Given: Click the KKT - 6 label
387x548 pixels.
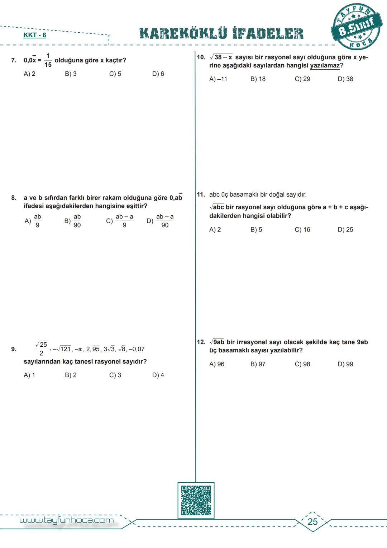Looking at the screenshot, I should [x=35, y=35].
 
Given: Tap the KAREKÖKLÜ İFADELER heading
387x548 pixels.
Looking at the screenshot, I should [x=221, y=33].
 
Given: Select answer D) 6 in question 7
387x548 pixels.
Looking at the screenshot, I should [x=158, y=74].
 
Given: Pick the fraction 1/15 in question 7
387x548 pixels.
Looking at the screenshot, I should [x=48, y=60].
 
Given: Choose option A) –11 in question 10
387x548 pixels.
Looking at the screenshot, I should [x=218, y=79].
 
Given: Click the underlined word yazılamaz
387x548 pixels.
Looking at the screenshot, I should [x=325, y=66].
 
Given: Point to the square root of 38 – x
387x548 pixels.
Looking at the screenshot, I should [x=221, y=57].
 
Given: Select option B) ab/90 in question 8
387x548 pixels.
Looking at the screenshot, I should [x=73, y=221].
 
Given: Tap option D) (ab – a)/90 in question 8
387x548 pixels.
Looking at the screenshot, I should [x=161, y=221].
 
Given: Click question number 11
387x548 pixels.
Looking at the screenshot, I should [x=201, y=195].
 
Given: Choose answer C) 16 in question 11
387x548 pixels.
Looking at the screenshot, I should [x=302, y=230].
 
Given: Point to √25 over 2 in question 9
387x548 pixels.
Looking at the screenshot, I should [x=41, y=349].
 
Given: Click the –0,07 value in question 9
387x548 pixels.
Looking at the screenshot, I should [x=137, y=349].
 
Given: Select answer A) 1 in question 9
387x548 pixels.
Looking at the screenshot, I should [x=29, y=375].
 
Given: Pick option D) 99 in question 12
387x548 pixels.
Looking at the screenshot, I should [x=345, y=364].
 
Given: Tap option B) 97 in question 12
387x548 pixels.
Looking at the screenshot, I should [x=258, y=364].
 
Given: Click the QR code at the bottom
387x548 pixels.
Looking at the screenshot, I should [x=196, y=501].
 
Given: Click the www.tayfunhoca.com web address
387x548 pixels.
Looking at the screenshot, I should [x=67, y=521].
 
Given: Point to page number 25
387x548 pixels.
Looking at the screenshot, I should [x=312, y=522].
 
